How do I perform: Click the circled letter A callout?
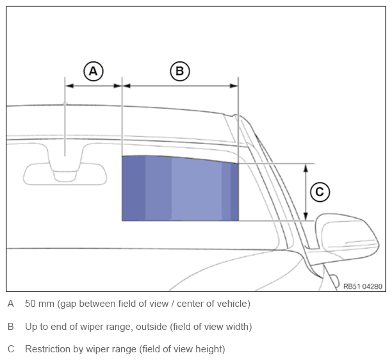[x=94, y=71]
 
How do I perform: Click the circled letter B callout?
[x=180, y=71]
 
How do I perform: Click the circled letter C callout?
[x=320, y=192]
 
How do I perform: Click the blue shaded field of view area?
[x=180, y=188]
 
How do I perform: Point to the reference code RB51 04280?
[x=363, y=286]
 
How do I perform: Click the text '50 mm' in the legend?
[x=40, y=304]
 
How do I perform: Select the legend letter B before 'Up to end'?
[x=10, y=327]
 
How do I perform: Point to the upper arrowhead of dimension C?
[x=306, y=168]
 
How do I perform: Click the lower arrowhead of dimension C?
[x=306, y=217]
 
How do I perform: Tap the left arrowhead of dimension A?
[x=70, y=86]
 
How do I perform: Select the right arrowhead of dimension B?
[x=234, y=86]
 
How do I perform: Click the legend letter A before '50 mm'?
[x=10, y=304]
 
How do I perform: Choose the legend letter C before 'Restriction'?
[x=11, y=349]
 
